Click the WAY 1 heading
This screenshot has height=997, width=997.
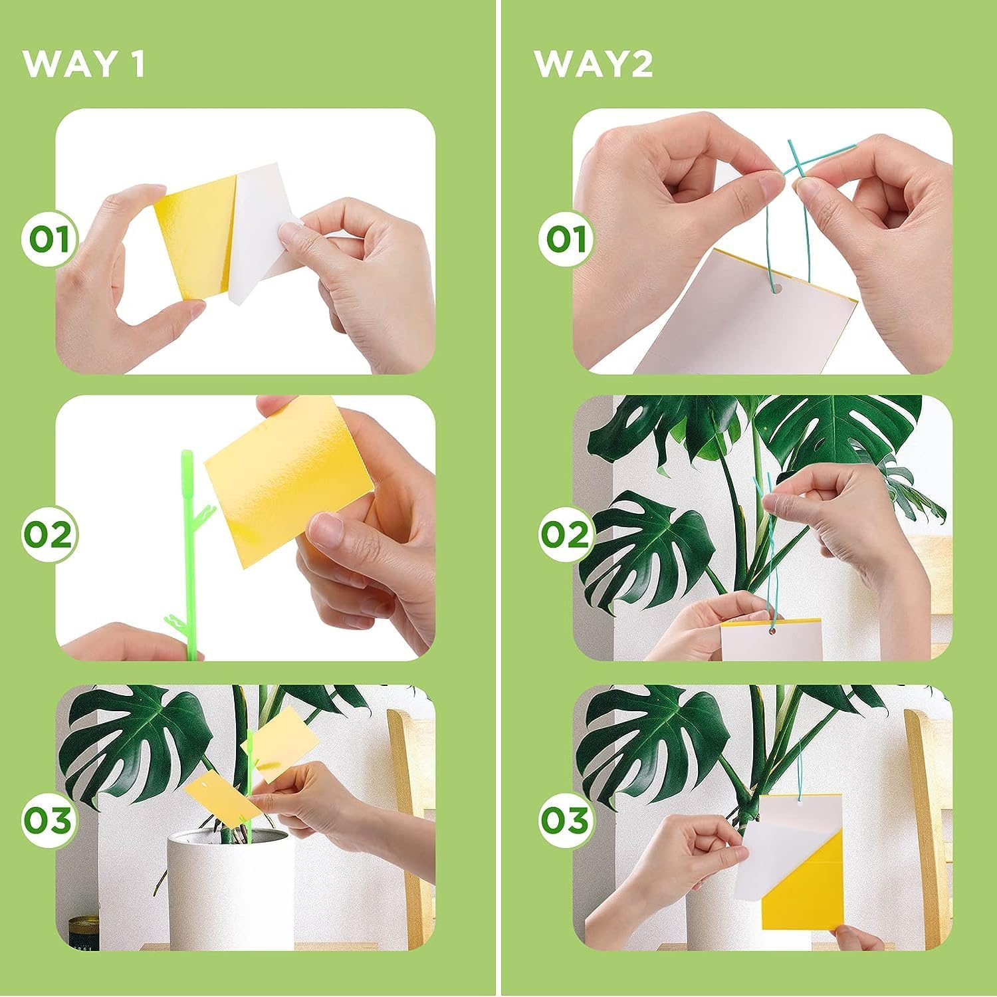(x=84, y=64)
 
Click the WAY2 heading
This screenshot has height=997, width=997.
(x=594, y=64)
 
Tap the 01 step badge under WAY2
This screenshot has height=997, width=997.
(x=566, y=239)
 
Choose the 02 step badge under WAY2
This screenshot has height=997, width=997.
(x=566, y=534)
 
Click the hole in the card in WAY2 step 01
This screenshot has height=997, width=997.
(x=774, y=288)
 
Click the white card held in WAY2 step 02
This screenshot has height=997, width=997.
(x=771, y=641)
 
